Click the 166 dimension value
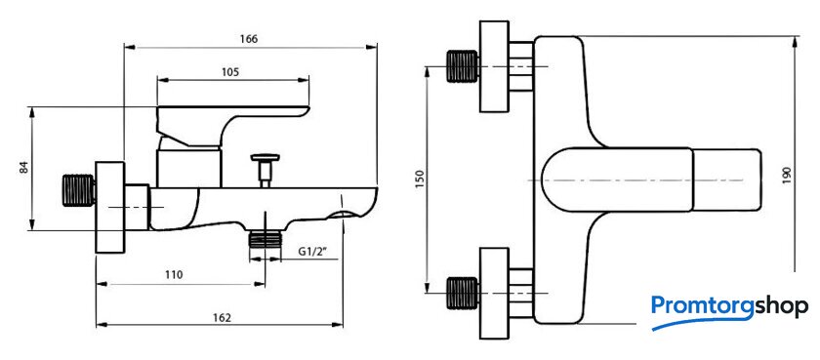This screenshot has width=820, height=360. coord(249,39)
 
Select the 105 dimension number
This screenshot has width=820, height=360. coord(229,72)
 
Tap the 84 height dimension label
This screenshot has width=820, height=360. coord(24,168)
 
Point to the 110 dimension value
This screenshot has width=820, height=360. coord(174,275)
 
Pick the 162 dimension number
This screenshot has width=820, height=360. coord(221,317)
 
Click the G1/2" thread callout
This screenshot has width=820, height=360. coord(312,252)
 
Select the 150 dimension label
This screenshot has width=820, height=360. coord(420,180)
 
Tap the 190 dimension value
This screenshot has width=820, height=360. coord(788,175)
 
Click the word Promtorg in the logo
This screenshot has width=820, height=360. coord(702,306)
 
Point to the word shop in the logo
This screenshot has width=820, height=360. coord(781,307)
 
